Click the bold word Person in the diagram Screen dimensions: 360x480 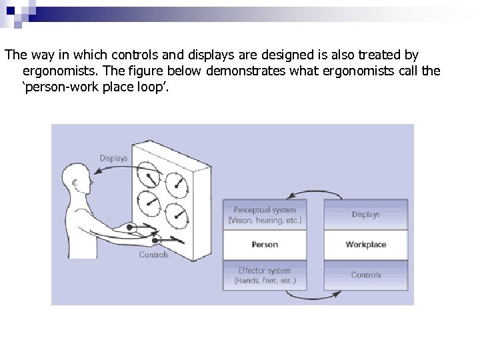coord(265,245)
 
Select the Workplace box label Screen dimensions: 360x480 coord(365,245)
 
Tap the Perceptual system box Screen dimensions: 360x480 coord(265,215)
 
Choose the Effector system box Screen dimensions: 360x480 coord(265,275)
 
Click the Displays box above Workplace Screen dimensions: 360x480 coord(365,215)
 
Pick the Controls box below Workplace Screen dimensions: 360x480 coord(365,275)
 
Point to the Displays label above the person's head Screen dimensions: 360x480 coord(114,158)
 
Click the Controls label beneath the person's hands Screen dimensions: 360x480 coord(153,255)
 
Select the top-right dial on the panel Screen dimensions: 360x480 coord(177,180)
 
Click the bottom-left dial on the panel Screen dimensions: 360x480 coord(150,203)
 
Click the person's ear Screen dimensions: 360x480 coord(75,180)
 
